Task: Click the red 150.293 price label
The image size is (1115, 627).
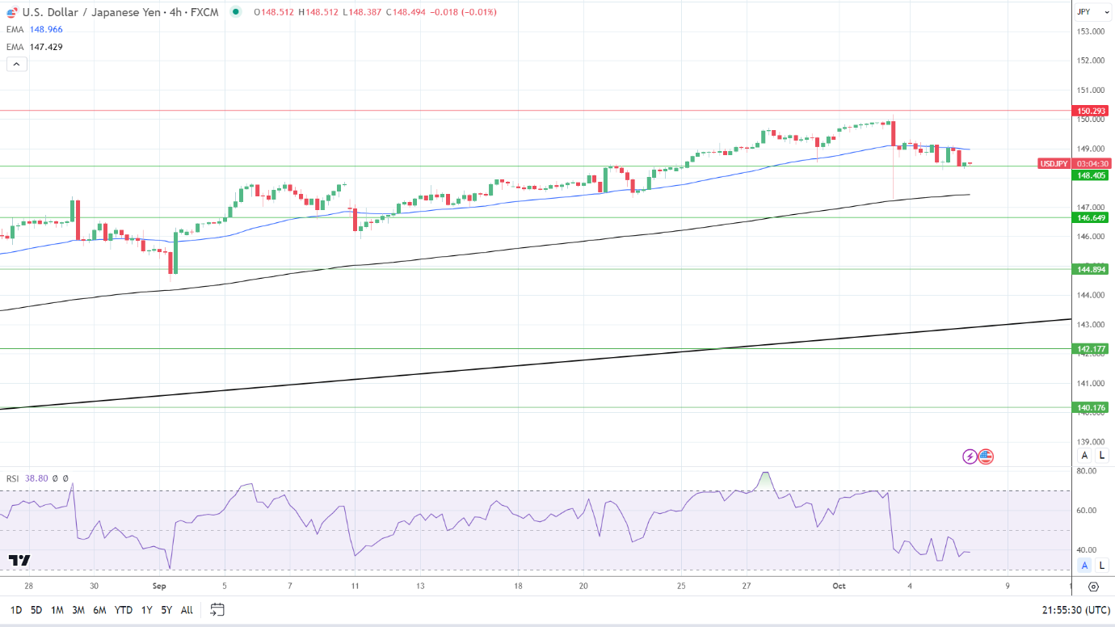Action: coord(1090,111)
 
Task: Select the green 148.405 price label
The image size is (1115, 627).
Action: coord(1090,175)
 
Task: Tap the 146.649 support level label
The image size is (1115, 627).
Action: coord(1090,217)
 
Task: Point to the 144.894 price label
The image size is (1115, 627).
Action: coord(1090,269)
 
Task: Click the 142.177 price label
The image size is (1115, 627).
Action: coord(1090,349)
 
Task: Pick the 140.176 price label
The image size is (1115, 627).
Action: coord(1090,408)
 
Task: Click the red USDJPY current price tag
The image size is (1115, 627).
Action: coord(1054,163)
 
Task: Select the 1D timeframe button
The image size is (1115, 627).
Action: coord(16,610)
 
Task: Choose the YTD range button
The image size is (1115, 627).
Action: coord(124,610)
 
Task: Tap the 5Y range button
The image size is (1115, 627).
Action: coord(166,610)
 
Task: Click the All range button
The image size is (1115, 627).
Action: coord(187,610)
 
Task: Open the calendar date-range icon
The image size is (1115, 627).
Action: coord(217,609)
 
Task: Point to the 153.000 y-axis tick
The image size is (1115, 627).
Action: coord(1091,32)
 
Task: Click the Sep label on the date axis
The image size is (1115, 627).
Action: coord(158,586)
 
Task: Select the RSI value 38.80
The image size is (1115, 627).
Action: coord(36,478)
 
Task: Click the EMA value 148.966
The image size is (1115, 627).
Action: coord(46,29)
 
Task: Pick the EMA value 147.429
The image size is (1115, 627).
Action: coord(46,47)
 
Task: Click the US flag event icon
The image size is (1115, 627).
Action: coord(985,457)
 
